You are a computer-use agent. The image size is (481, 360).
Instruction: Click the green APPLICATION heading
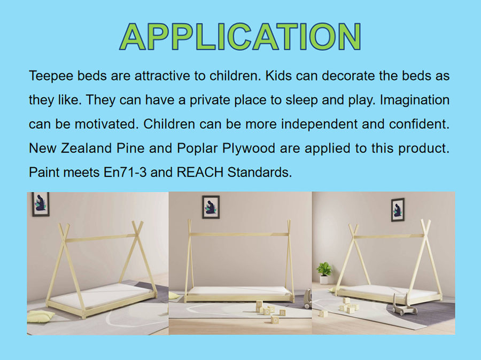240,36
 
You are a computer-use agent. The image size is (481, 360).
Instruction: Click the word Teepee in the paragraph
51,76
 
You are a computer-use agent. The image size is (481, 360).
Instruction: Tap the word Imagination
415,100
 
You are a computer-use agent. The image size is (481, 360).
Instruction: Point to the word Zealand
86,148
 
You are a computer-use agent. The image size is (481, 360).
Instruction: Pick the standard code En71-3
125,173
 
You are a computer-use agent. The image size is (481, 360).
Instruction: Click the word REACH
200,173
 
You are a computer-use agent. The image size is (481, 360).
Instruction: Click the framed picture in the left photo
41,204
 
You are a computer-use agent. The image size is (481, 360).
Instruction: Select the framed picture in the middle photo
211,207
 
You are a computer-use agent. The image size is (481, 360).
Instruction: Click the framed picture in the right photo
398,210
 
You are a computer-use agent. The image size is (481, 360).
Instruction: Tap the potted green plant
324,272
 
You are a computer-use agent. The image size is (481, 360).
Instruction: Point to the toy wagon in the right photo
405,304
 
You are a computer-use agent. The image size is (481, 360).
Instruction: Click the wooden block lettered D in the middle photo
275,320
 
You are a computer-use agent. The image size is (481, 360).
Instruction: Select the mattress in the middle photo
239,291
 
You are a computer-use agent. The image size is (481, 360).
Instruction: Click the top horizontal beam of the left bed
101,238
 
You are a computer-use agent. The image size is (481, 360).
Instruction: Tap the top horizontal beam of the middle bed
239,234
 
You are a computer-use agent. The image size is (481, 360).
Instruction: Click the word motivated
105,124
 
